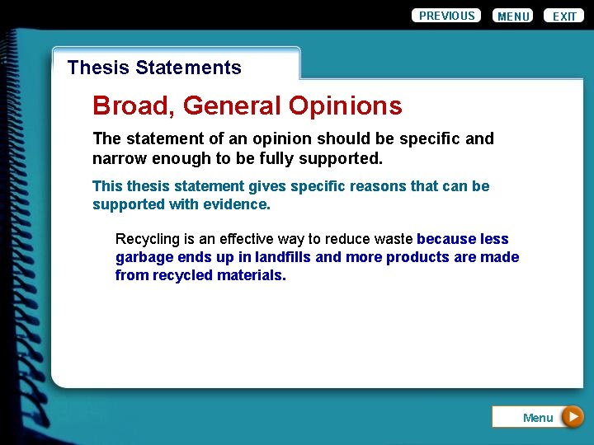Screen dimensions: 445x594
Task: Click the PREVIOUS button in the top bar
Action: coord(446,16)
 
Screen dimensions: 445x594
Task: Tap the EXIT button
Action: coord(564,16)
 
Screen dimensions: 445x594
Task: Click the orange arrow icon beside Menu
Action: coord(573,417)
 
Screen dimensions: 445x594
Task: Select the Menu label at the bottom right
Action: coord(537,418)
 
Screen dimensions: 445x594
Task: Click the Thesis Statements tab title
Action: coord(154,68)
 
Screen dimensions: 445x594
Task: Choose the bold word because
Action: coord(446,239)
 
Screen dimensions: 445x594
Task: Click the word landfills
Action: coord(283,257)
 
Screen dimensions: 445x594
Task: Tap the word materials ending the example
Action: coord(251,275)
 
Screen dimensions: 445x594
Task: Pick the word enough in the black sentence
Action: coord(180,157)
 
